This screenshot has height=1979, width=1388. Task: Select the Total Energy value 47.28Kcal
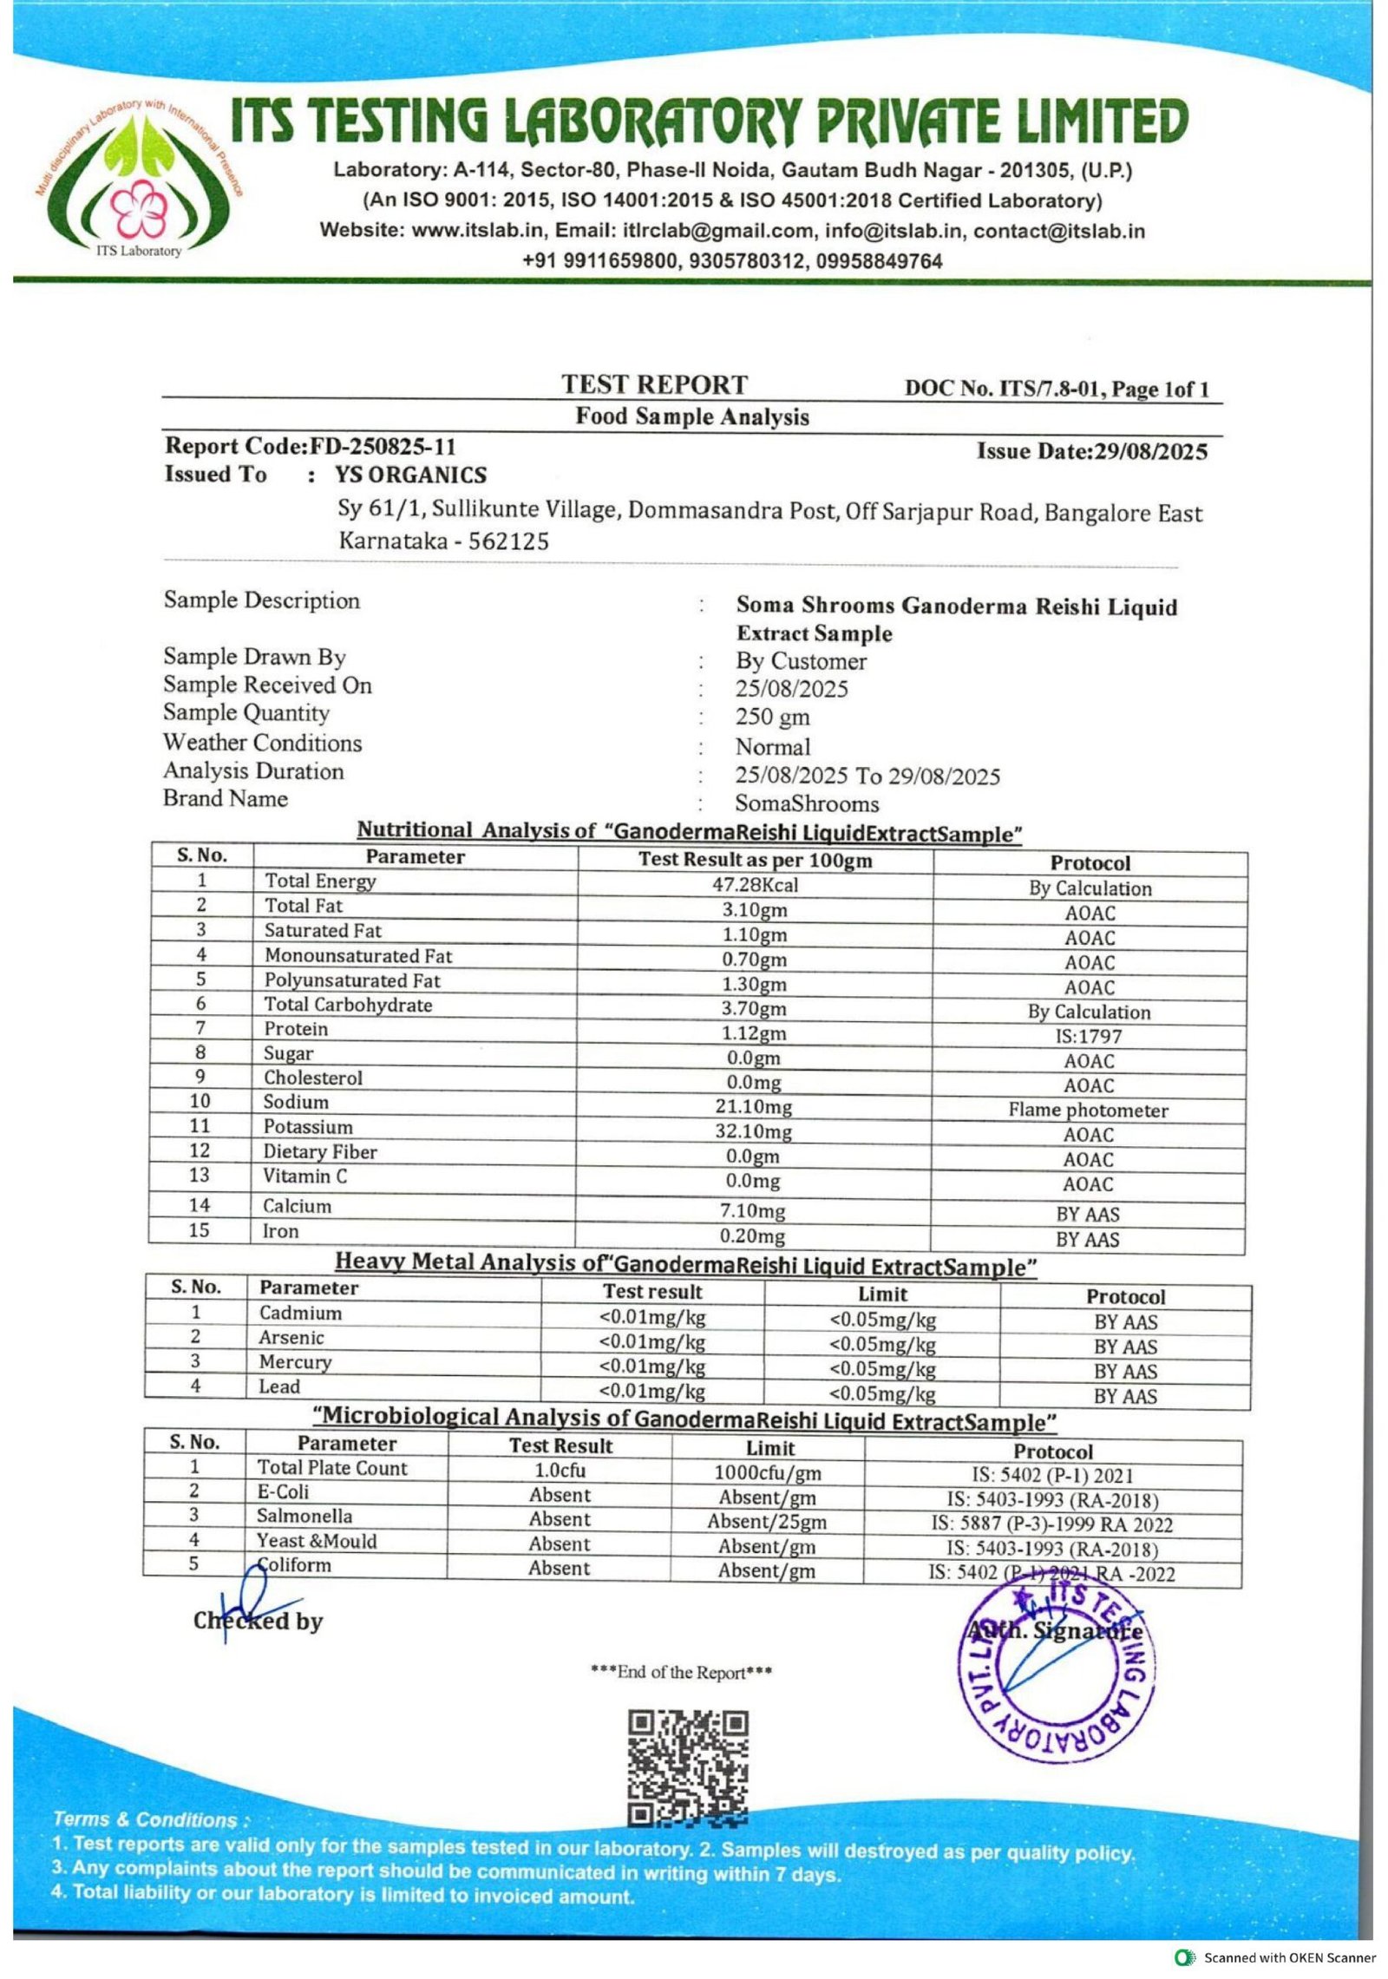pos(754,885)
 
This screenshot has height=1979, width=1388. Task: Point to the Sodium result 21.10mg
pos(754,1107)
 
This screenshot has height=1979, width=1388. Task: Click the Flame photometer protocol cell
pos(1088,1111)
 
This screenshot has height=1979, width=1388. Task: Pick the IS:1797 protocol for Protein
pos(1089,1036)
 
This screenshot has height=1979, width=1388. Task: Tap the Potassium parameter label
pos(308,1127)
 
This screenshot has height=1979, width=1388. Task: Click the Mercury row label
pos(295,1362)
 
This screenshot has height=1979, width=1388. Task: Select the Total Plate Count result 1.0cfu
pos(560,1470)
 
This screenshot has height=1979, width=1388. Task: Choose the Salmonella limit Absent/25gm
pos(766,1522)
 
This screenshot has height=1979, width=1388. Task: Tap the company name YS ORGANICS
pos(410,475)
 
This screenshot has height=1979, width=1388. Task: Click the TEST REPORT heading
pos(653,384)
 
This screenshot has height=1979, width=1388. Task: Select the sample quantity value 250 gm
pos(772,717)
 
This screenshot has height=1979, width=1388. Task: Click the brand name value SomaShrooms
pos(807,803)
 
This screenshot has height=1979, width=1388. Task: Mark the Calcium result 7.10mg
pos(752,1210)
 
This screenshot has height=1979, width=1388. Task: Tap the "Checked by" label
pos(258,1621)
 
